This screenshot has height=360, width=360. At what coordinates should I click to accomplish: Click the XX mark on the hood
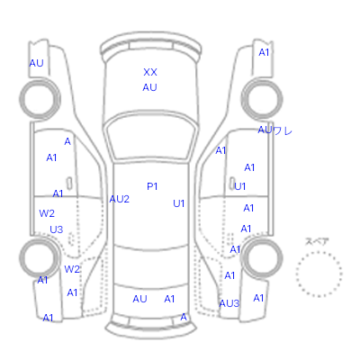coord(150,72)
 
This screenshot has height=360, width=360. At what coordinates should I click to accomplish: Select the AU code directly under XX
coord(149,87)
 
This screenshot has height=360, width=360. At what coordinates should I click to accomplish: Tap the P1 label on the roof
coord(152,186)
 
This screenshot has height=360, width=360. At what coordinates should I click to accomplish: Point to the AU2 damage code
coord(119,199)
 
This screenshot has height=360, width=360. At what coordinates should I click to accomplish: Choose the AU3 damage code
coord(229,303)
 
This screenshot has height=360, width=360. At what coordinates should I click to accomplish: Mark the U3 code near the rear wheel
coord(57,229)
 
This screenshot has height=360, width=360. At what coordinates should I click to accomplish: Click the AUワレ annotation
coord(274,130)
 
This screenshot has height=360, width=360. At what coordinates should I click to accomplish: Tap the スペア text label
coord(317,241)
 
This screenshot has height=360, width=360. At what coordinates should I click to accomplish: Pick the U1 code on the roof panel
coord(179,203)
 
